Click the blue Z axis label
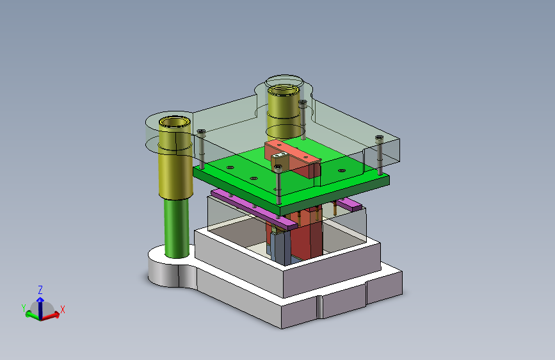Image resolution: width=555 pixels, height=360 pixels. click(x=40, y=290)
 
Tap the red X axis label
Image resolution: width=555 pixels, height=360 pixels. click(x=63, y=309)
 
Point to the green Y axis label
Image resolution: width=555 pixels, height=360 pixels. click(x=24, y=308)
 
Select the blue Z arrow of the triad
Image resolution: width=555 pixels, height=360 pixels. click(x=40, y=307)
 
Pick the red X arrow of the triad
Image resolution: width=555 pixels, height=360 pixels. click(x=51, y=316)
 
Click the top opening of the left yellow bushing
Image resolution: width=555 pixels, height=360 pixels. click(x=175, y=122)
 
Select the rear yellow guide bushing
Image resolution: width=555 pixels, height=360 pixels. click(x=284, y=111)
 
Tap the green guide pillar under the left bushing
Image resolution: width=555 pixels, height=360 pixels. click(x=177, y=227)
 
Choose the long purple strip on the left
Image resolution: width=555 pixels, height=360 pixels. click(x=253, y=209)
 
